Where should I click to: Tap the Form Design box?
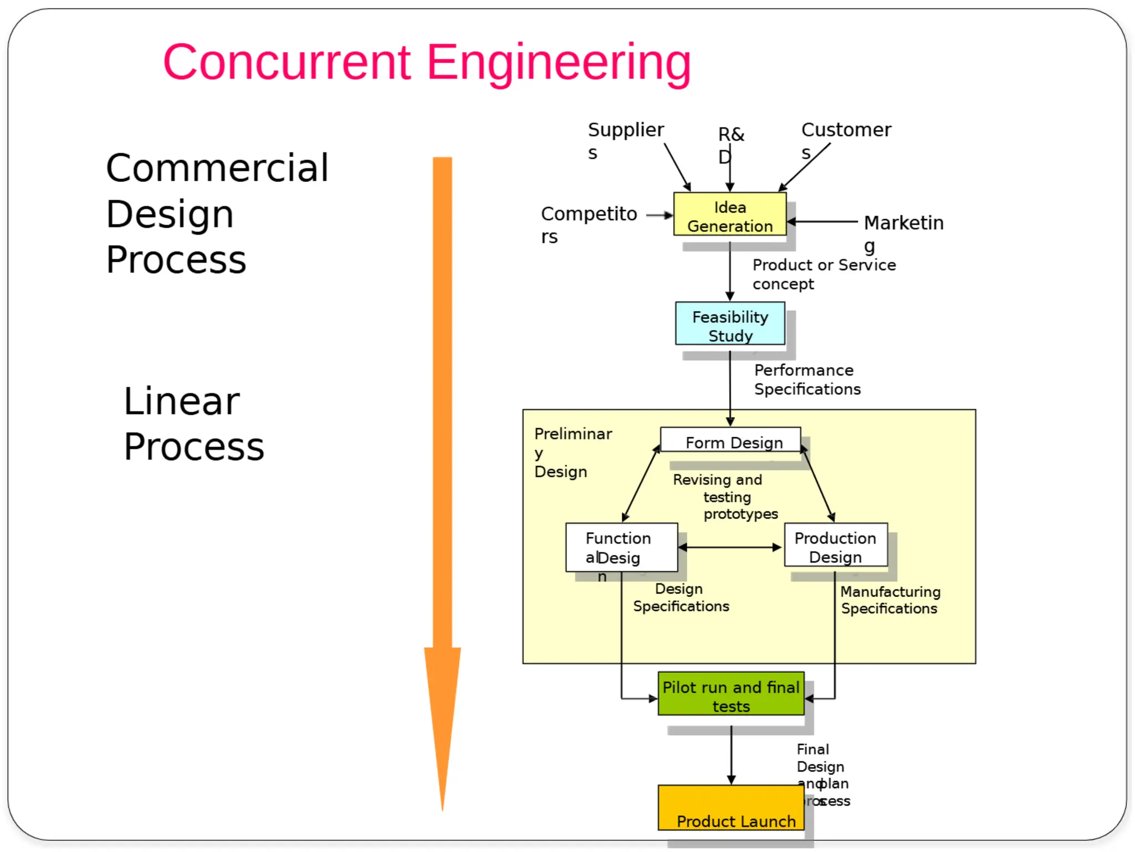730,440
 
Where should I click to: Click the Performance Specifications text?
807,379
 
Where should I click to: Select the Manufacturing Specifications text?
889,600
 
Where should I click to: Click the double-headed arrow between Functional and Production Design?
730,547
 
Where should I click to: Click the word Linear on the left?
182,401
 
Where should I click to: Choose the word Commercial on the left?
217,168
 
